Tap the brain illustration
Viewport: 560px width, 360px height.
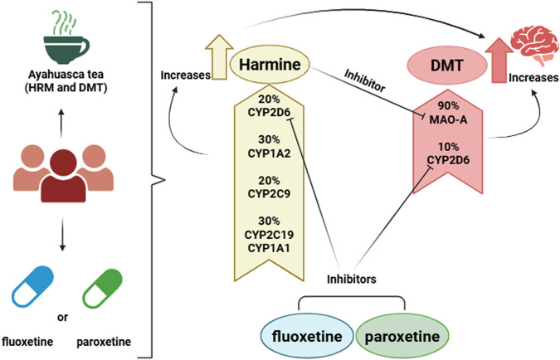[x=534, y=46]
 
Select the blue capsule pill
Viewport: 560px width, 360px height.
[x=32, y=287]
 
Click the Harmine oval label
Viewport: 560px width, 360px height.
[x=270, y=65]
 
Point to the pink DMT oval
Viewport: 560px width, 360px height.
[x=447, y=66]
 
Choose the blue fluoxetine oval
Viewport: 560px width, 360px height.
[x=307, y=336]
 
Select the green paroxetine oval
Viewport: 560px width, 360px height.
[x=402, y=336]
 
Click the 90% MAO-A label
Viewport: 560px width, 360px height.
[x=448, y=113]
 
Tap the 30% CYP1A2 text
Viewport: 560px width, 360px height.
[x=269, y=146]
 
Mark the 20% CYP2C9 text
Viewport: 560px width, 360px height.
[x=269, y=187]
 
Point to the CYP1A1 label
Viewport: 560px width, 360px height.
[x=269, y=248]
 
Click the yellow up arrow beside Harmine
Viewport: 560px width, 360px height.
[x=219, y=57]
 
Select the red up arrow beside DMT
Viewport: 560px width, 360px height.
[x=499, y=61]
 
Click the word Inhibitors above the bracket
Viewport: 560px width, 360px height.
[x=352, y=279]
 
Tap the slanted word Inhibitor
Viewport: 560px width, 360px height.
[x=365, y=80]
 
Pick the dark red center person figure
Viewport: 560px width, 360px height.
[x=63, y=176]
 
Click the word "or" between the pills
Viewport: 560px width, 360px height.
[x=62, y=317]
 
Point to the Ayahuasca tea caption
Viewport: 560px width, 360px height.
[x=66, y=81]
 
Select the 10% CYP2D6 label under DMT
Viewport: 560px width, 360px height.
[x=448, y=153]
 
